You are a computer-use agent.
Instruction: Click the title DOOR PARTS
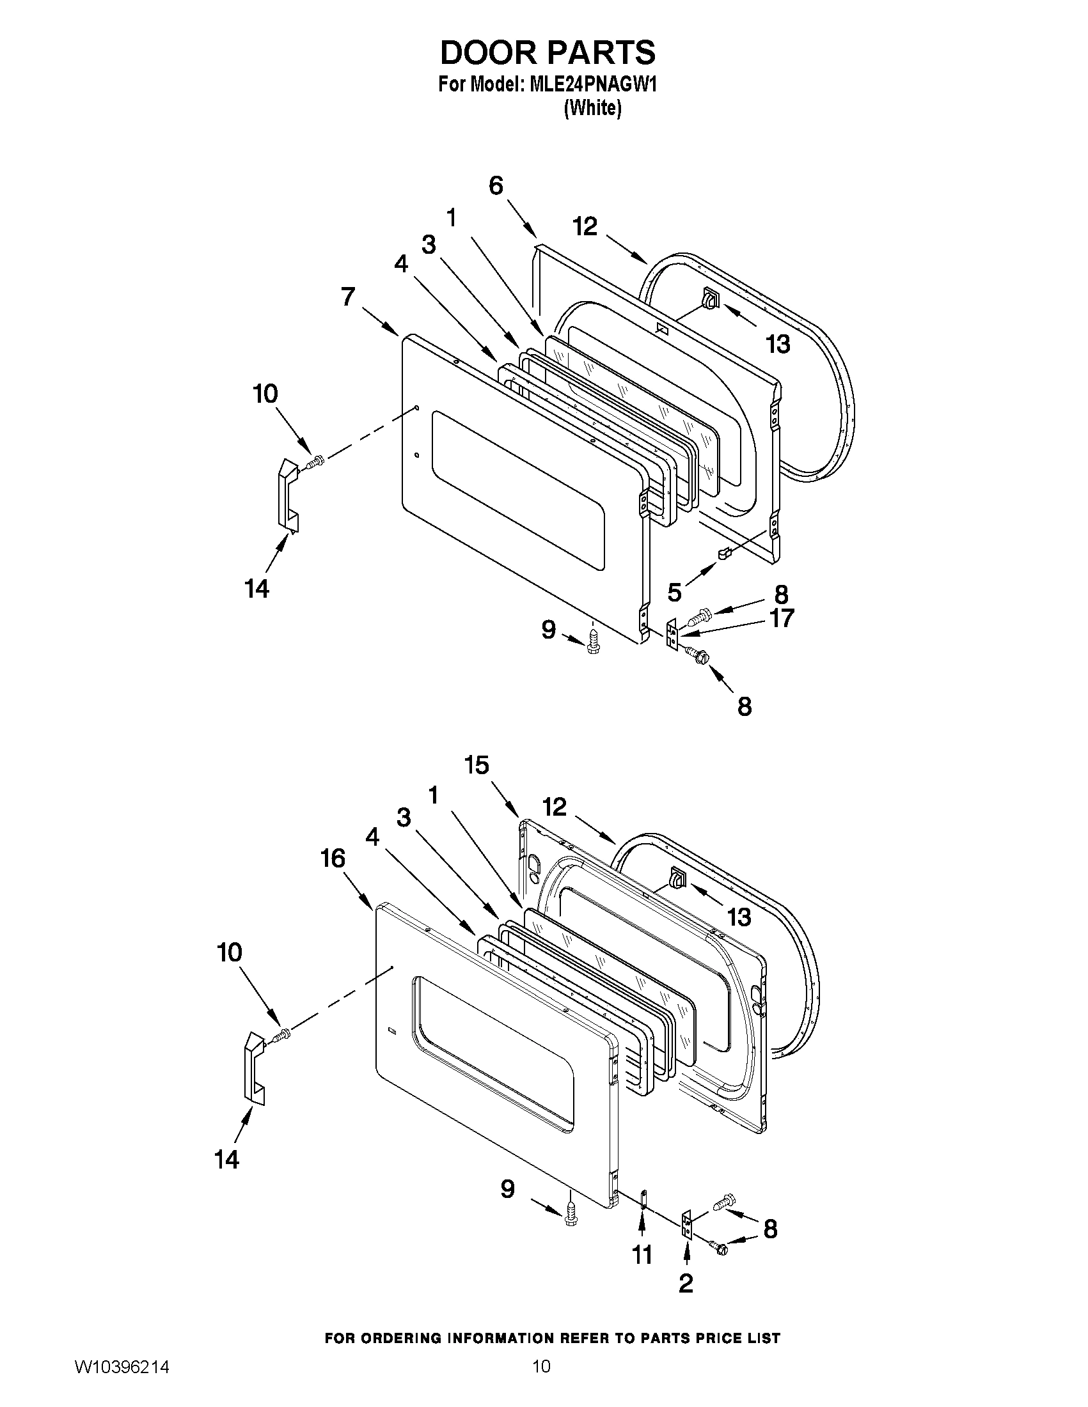(x=548, y=53)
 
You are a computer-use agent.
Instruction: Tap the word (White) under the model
(x=592, y=108)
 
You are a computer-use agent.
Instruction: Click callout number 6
(x=496, y=185)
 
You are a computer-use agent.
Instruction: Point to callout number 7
(x=348, y=297)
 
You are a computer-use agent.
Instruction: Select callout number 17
(x=782, y=618)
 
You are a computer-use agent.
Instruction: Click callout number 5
(x=674, y=592)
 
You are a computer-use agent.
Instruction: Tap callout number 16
(x=333, y=858)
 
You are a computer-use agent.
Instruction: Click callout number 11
(x=642, y=1254)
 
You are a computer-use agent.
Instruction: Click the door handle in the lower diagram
(x=253, y=1069)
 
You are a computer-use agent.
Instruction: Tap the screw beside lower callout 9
(x=570, y=1214)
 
